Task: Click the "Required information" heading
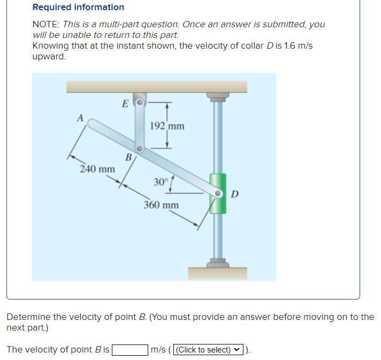click(78, 7)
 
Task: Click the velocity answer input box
click(130, 350)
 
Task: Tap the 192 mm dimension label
click(167, 126)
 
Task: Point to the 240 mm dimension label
click(97, 169)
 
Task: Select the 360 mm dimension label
click(161, 205)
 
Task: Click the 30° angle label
click(161, 182)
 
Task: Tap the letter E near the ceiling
click(125, 103)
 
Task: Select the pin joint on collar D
click(218, 193)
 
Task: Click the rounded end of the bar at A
click(91, 124)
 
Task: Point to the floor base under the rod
click(217, 272)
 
